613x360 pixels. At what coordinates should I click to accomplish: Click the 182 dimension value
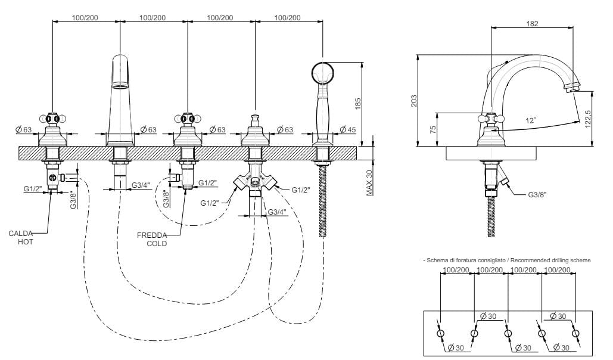point(533,24)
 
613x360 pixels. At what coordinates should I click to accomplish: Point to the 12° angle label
point(531,120)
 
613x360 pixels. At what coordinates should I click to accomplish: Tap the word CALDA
point(21,234)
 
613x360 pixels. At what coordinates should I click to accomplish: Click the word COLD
point(157,243)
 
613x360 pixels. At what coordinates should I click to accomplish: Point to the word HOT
point(26,243)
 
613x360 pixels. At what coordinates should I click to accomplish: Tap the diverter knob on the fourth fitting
point(256,121)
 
